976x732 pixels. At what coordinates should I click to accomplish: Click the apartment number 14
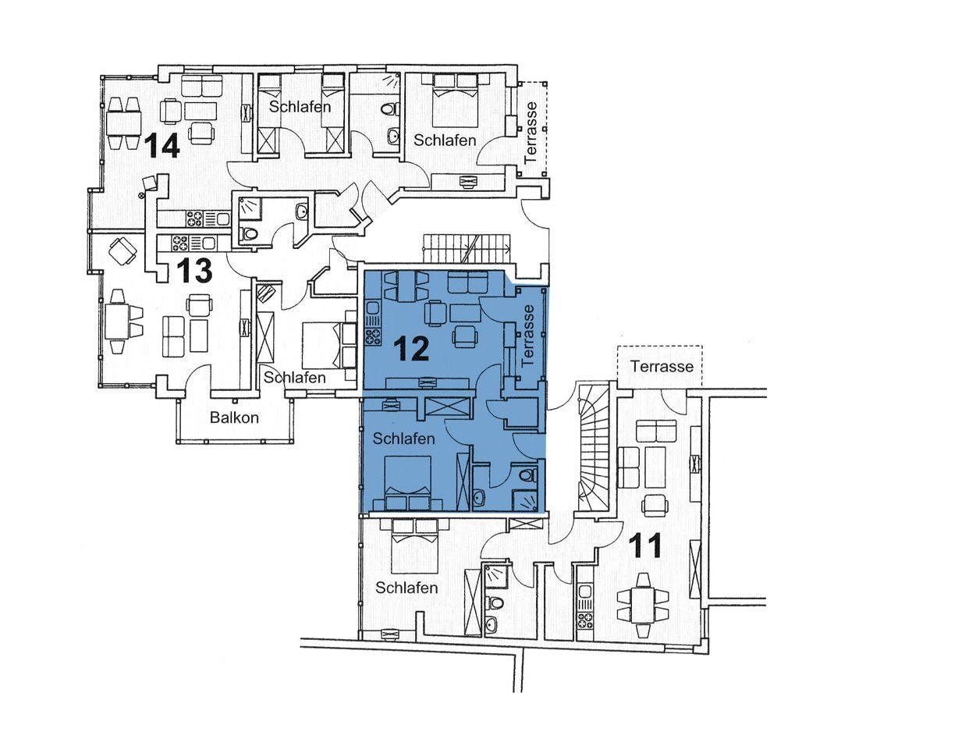(x=162, y=145)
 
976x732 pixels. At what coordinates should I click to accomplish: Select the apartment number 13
(x=194, y=271)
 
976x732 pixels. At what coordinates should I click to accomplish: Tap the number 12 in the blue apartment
(x=411, y=348)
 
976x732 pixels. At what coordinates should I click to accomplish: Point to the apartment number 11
(x=646, y=545)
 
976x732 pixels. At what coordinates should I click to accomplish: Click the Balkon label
(x=234, y=418)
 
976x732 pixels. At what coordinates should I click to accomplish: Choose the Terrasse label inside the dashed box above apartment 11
(x=662, y=367)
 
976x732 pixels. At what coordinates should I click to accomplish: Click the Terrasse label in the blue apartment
(x=528, y=335)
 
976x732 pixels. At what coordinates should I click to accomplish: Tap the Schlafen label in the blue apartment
(x=403, y=439)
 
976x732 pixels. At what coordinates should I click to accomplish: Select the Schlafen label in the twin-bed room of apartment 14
(x=300, y=107)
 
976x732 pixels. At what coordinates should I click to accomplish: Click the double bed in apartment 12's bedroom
(x=408, y=482)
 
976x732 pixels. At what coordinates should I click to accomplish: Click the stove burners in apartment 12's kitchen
(x=373, y=336)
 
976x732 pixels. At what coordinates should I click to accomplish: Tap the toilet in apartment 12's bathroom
(x=527, y=475)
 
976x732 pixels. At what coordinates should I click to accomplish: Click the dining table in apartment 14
(x=122, y=123)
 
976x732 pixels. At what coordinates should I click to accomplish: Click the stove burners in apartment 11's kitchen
(x=585, y=620)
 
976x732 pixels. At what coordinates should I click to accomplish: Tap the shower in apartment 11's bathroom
(x=495, y=577)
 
